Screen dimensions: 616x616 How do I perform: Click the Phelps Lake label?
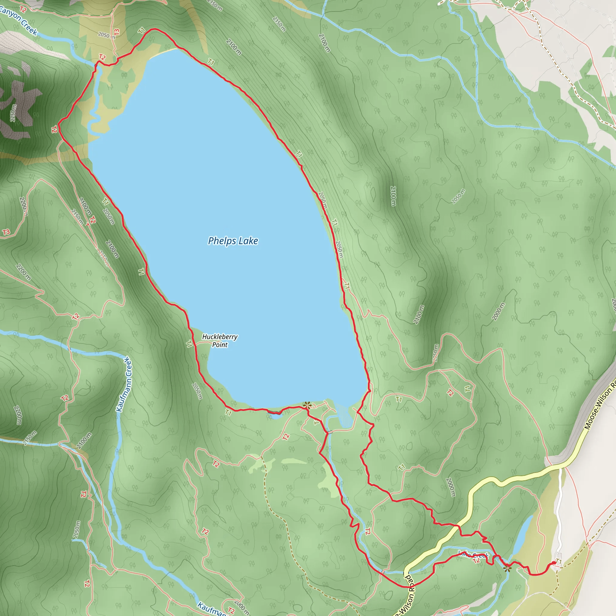click(233, 241)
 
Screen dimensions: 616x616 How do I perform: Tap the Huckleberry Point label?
click(220, 340)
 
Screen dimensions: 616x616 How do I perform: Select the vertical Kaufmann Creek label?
click(124, 384)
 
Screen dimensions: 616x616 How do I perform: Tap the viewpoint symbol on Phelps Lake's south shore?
click(307, 405)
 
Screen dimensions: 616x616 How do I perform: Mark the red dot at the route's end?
click(554, 563)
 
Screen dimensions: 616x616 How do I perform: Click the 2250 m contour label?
click(13, 113)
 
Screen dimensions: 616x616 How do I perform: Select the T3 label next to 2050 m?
click(117, 32)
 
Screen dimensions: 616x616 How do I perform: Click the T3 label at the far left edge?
click(6, 232)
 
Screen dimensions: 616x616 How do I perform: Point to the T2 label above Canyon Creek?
click(23, 10)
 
